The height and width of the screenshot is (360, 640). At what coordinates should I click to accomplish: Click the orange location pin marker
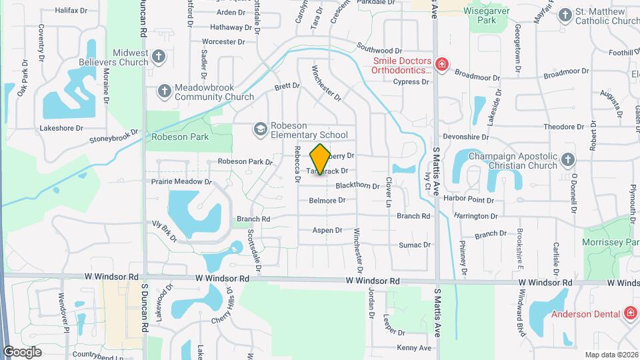[321, 159]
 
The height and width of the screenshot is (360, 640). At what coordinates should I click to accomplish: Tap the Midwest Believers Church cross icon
[159, 56]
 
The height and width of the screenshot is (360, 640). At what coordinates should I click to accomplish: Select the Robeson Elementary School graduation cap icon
[260, 127]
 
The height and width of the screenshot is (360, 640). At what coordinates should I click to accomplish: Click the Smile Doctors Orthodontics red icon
[441, 64]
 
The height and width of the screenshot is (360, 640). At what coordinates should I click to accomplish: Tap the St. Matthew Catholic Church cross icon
[565, 14]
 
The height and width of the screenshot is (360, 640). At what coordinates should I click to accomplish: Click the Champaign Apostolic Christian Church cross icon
[567, 159]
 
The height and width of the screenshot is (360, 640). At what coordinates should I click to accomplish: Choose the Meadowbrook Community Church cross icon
[164, 90]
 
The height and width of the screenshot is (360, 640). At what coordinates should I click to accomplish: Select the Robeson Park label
[180, 137]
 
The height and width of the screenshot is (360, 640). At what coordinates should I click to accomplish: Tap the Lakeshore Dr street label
[61, 127]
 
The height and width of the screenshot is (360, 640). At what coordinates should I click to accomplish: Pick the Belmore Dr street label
[327, 200]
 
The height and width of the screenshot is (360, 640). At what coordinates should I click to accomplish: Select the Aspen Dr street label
[327, 230]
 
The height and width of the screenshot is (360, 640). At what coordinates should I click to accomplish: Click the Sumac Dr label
[415, 245]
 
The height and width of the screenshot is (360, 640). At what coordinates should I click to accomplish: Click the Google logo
[22, 351]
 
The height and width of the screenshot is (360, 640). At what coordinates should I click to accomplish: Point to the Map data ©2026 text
[611, 355]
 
